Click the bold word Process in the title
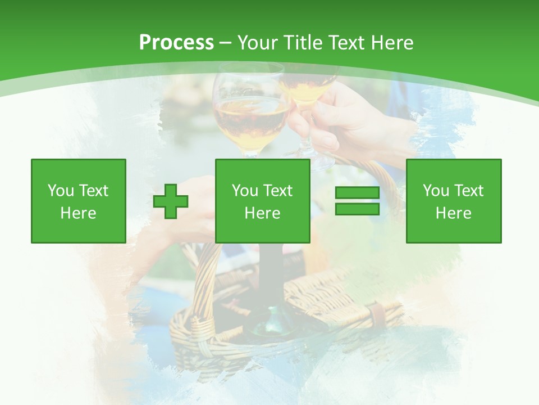tap(176, 43)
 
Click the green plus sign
tap(171, 201)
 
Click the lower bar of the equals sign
tap(357, 209)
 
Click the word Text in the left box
tap(93, 191)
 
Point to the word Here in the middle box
tap(262, 213)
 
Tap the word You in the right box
tap(436, 191)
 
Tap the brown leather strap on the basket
tap(378, 315)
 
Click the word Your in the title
tap(257, 43)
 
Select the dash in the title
tap(225, 43)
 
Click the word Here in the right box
tap(453, 213)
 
